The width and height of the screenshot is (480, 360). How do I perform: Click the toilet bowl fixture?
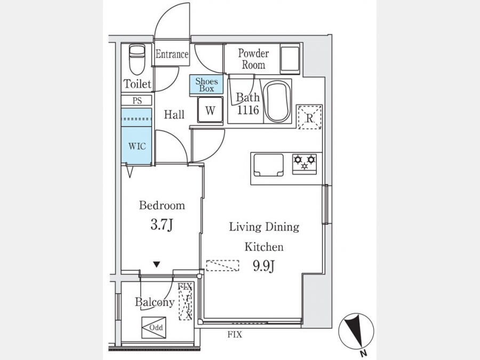pyautogui.click(x=137, y=60)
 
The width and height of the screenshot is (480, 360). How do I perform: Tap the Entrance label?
pyautogui.click(x=172, y=54)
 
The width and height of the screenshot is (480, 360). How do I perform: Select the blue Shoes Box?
pyautogui.click(x=206, y=84)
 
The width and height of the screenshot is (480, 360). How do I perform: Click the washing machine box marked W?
pyautogui.click(x=210, y=109)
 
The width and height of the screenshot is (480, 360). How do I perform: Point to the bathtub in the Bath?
pyautogui.click(x=277, y=101)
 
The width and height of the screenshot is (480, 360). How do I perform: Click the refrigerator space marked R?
pyautogui.click(x=310, y=117)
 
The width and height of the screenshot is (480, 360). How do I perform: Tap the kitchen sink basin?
pyautogui.click(x=268, y=165)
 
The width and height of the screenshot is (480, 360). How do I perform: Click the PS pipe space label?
pyautogui.click(x=137, y=101)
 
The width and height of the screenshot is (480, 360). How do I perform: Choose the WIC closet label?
pyautogui.click(x=137, y=146)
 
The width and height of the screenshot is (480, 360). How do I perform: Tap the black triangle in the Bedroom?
pyautogui.click(x=157, y=264)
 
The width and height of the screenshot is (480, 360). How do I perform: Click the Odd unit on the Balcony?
pyautogui.click(x=154, y=327)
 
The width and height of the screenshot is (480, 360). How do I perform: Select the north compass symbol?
pyautogui.click(x=356, y=331)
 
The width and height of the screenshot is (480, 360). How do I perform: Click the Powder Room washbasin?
pyautogui.click(x=290, y=60)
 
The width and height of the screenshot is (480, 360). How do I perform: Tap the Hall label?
pyautogui.click(x=174, y=115)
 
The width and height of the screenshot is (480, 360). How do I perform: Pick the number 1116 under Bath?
pyautogui.click(x=248, y=110)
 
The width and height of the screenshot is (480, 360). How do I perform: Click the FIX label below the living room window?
pyautogui.click(x=235, y=334)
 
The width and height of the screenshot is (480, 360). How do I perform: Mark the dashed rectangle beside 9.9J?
pyautogui.click(x=222, y=266)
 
